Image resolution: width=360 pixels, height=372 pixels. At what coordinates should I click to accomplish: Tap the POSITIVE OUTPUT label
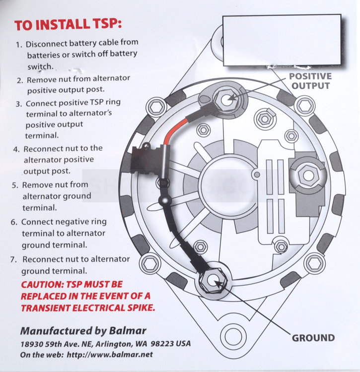[x=310, y=81]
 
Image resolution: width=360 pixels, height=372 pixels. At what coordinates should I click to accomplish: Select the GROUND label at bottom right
[x=313, y=338]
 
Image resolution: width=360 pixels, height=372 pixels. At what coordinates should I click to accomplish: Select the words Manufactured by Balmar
[x=83, y=331]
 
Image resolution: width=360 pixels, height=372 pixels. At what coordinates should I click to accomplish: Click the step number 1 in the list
[x=19, y=44]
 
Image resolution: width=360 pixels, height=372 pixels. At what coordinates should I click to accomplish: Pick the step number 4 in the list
[x=16, y=148]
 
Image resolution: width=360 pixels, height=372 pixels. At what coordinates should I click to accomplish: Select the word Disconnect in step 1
[x=47, y=44]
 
